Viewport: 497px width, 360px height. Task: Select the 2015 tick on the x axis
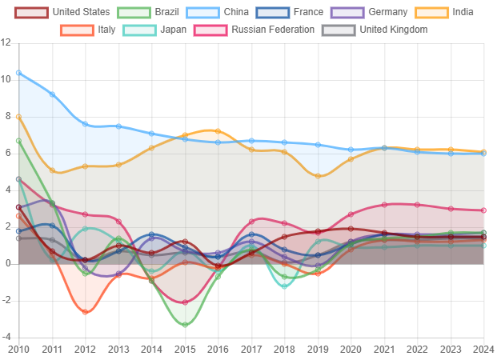[185, 350]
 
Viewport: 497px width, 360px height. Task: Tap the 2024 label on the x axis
[483, 350]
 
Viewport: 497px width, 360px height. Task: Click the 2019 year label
[318, 350]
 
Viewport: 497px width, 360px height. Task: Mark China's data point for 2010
[18, 73]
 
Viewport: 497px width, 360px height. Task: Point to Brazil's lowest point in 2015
[185, 326]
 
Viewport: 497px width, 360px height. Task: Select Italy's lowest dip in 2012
[86, 313]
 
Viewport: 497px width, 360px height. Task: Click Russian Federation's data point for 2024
[483, 210]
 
